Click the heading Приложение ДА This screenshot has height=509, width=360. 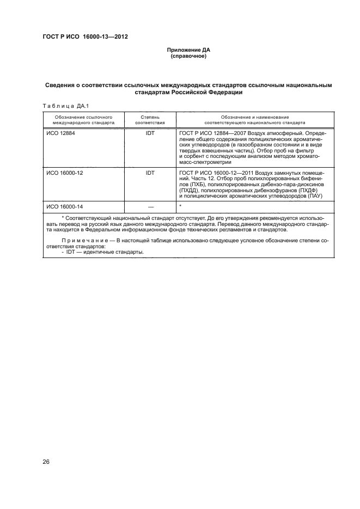[x=188, y=50]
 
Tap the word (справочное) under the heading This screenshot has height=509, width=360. [x=188, y=56]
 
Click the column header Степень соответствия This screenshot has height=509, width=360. [x=150, y=120]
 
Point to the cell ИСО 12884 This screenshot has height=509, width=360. [x=60, y=133]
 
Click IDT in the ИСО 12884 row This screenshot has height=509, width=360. [x=150, y=133]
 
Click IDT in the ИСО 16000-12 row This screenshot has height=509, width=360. [x=150, y=173]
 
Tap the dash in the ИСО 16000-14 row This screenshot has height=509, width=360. [x=150, y=207]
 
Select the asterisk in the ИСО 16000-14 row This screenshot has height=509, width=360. [x=180, y=206]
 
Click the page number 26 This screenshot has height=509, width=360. [x=46, y=462]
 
